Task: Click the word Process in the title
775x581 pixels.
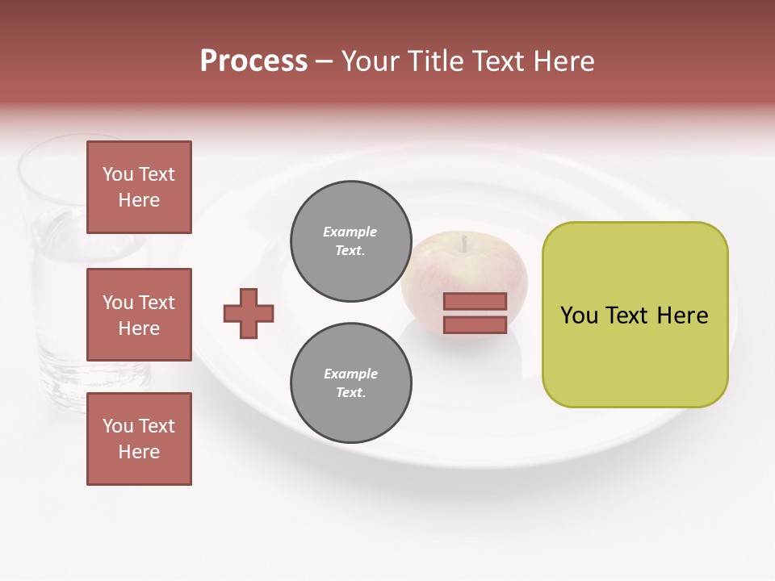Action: point(253,61)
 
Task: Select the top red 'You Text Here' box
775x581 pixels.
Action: point(139,187)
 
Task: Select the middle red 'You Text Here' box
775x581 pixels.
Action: point(139,315)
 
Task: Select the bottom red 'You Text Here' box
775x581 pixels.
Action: point(139,439)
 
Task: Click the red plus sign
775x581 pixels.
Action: point(249,312)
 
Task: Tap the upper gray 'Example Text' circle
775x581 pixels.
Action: point(350,241)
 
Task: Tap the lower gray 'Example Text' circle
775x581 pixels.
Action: point(350,383)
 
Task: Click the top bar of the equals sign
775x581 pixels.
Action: point(475,302)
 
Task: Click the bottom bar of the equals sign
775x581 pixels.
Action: point(475,325)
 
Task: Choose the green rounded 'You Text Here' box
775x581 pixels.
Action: point(635,315)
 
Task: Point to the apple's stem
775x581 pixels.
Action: point(464,242)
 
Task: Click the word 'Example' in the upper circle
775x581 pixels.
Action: point(350,232)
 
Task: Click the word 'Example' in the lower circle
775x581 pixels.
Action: point(350,374)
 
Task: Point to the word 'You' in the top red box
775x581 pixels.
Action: point(118,174)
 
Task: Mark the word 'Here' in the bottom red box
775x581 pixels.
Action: point(139,452)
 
